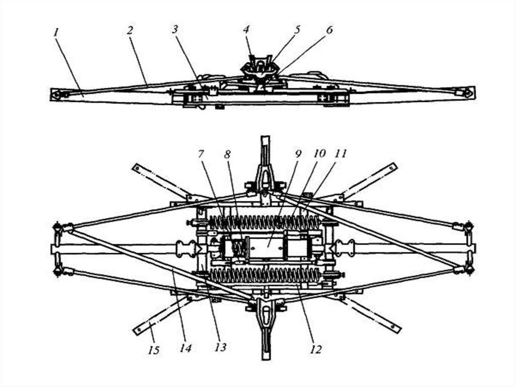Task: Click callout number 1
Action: tap(56, 32)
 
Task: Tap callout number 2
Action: tap(130, 30)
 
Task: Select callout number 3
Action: tap(174, 29)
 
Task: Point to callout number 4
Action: tap(246, 29)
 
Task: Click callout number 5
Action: tap(297, 29)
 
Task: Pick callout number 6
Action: tap(329, 30)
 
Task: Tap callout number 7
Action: tap(201, 153)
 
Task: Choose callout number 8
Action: tap(227, 154)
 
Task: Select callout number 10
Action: tap(319, 153)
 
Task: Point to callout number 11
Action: tap(341, 153)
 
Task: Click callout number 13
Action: tap(220, 347)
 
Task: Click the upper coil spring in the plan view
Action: tap(265, 222)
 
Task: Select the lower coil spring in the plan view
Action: tap(265, 275)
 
